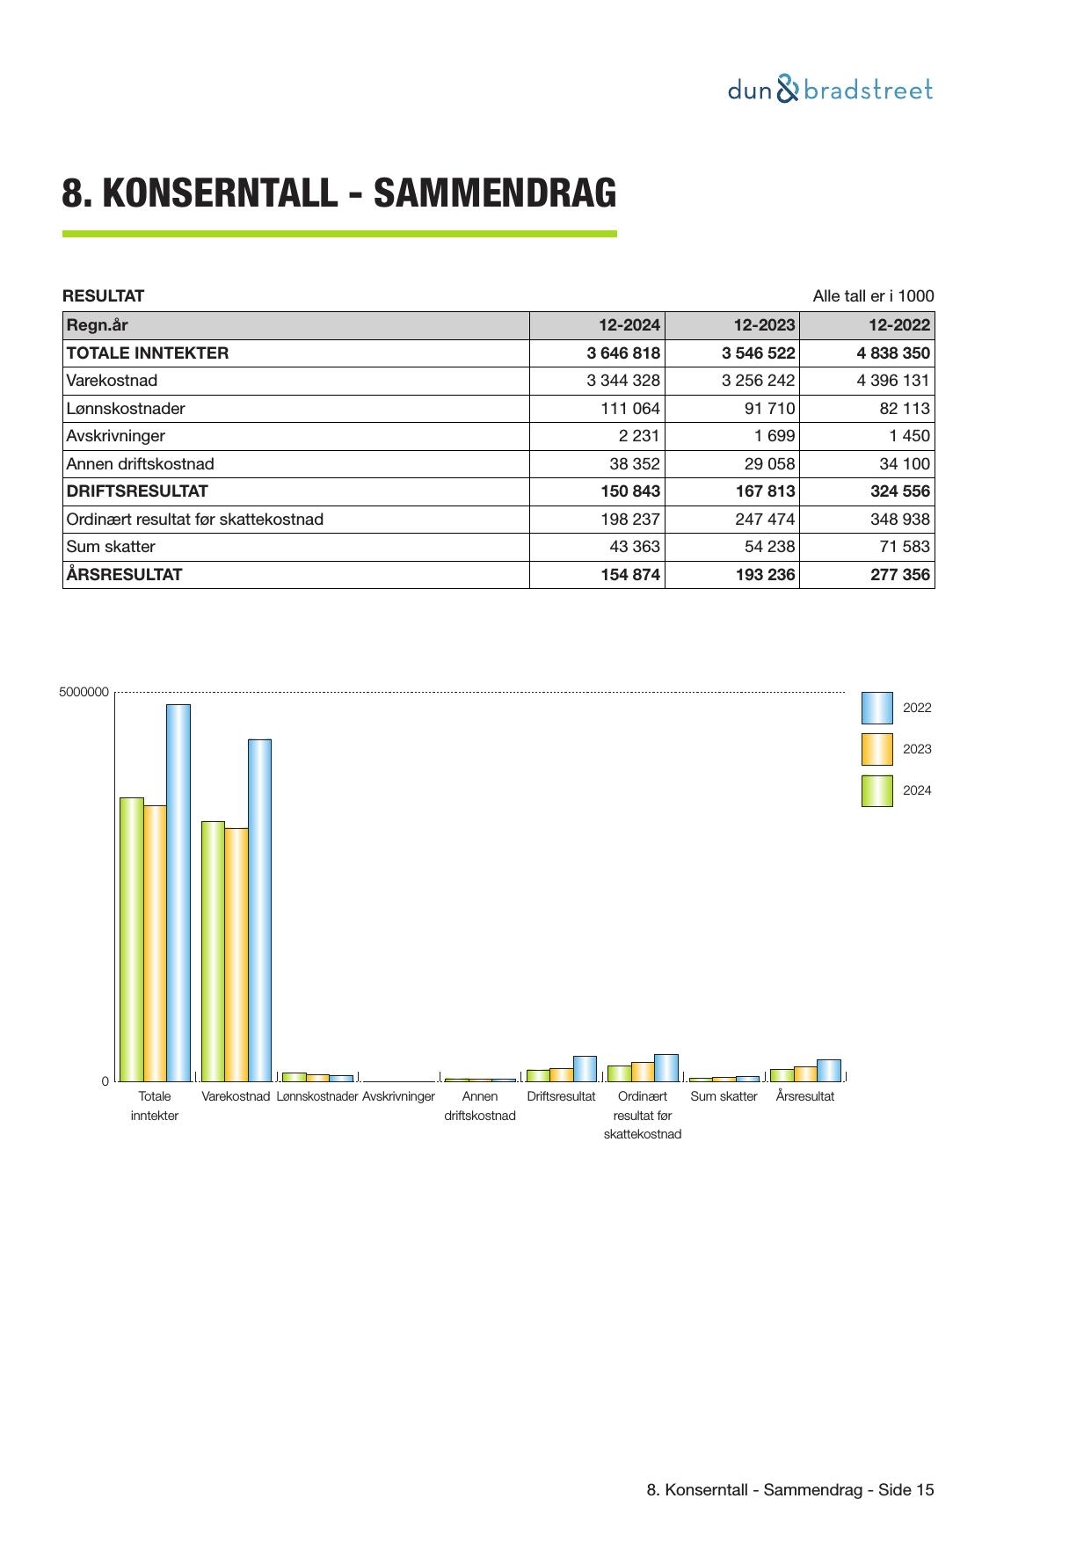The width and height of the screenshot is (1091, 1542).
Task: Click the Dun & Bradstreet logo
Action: [829, 90]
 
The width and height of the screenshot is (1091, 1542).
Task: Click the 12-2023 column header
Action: [763, 325]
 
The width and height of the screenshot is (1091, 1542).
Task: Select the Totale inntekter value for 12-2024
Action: [622, 353]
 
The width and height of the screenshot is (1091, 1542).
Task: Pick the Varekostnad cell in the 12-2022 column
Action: [892, 381]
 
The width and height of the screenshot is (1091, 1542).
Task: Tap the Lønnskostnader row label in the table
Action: [126, 409]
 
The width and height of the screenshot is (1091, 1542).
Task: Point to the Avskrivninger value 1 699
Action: [774, 436]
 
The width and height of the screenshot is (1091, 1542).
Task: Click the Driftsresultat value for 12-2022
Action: [899, 491]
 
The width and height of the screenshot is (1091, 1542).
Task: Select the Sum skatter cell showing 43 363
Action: [634, 547]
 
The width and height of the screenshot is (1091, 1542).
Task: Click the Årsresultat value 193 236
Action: [765, 575]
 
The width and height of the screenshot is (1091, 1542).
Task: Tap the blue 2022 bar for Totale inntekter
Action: [178, 892]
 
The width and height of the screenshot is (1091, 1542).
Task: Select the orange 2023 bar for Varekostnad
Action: [236, 954]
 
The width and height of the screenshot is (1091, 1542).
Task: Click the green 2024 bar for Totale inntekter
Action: [132, 939]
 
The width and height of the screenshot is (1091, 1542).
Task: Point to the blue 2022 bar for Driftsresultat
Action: [585, 1068]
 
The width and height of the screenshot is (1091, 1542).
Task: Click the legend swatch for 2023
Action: [876, 749]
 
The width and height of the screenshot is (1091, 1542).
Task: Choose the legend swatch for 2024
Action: [876, 790]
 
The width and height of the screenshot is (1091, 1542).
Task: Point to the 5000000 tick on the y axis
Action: [84, 692]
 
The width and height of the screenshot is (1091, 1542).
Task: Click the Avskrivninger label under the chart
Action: [398, 1096]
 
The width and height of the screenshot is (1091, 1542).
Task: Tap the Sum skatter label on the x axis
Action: [724, 1096]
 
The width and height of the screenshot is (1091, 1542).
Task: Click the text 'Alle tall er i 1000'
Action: [873, 296]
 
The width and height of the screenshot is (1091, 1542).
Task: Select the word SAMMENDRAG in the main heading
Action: [495, 193]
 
